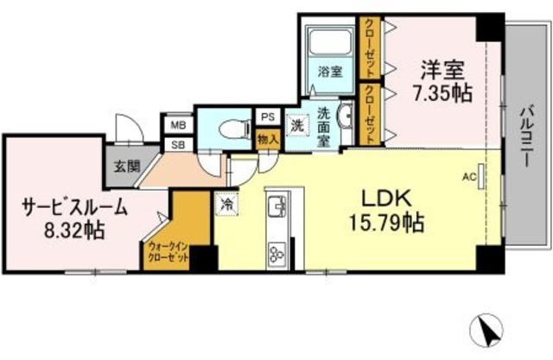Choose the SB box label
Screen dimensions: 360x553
[179, 143]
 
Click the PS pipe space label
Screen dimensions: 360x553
[266, 117]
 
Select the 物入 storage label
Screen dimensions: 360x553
[266, 138]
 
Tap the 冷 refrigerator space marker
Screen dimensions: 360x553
[226, 204]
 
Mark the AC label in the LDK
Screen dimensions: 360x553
[469, 177]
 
